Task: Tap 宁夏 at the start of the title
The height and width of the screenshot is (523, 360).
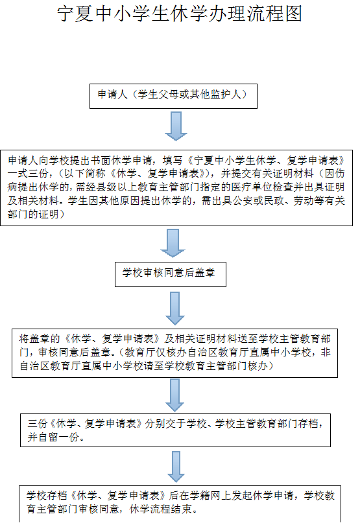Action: pos(75,14)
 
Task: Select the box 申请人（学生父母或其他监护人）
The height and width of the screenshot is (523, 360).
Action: pos(173,96)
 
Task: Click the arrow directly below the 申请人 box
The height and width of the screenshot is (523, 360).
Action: pos(176,126)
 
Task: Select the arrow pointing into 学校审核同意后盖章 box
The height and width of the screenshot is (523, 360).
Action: pos(173,243)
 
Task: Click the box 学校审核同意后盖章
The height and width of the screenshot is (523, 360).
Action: pos(171,274)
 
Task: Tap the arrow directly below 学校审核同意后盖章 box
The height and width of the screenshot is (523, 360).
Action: pos(175,308)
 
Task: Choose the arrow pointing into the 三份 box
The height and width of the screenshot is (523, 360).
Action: pos(175,395)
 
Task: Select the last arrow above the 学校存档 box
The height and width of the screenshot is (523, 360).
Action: pos(176,467)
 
